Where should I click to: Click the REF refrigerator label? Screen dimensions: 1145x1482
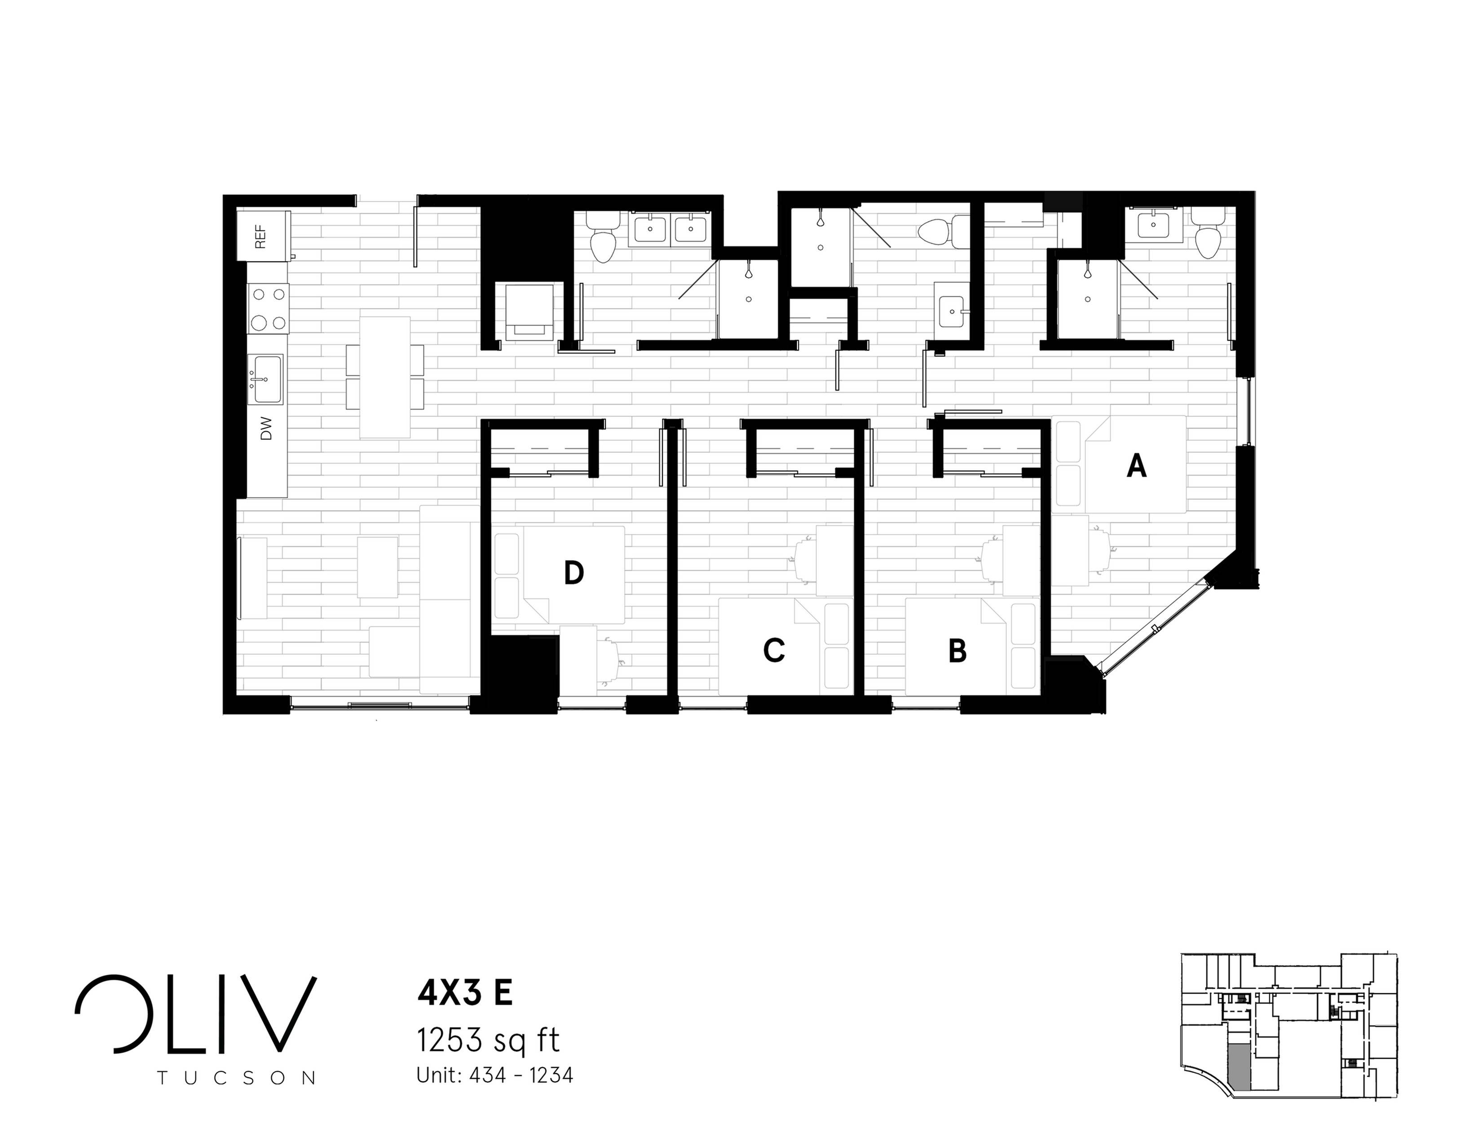click(260, 236)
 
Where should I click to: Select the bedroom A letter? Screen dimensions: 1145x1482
click(1137, 467)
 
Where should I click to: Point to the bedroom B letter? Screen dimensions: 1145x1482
click(957, 651)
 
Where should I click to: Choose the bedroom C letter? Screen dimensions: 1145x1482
click(774, 651)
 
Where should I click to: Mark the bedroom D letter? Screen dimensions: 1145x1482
click(573, 573)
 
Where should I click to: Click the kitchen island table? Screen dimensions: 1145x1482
click(385, 377)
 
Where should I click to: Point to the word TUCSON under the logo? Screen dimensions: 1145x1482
click(236, 1078)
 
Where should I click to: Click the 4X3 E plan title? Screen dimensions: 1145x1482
click(465, 993)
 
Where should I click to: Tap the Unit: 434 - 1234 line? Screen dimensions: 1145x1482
click(495, 1075)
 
